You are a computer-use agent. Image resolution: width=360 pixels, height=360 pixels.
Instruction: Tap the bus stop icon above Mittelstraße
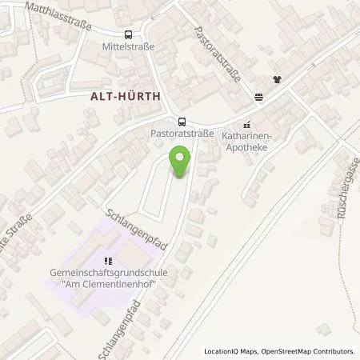128,34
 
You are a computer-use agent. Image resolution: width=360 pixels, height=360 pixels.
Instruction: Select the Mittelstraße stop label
128,46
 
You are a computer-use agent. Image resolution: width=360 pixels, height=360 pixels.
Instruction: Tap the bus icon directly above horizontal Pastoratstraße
182,122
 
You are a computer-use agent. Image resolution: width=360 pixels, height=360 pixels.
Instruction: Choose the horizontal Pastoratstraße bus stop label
182,134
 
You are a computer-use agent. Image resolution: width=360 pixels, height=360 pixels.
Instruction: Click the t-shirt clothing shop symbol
277,79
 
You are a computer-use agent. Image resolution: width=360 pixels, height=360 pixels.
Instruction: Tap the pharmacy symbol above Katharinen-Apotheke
246,124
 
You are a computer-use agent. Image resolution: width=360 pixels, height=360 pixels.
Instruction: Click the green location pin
182,163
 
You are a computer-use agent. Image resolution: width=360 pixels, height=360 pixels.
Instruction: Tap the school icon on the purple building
109,261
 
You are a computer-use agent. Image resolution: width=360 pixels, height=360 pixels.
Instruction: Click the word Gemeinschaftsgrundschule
109,274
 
